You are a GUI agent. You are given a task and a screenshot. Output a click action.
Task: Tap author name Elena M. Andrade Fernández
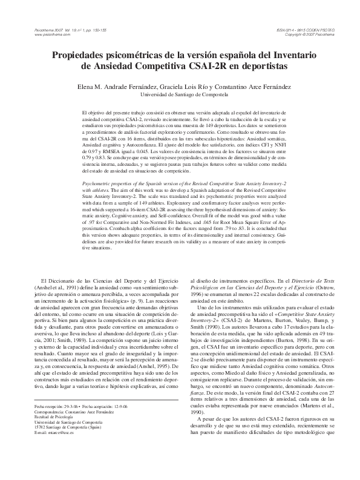[x=128, y=87]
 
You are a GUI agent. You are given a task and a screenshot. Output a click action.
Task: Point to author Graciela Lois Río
[x=201, y=87]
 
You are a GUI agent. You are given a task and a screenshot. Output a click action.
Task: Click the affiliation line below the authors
[x=180, y=95]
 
